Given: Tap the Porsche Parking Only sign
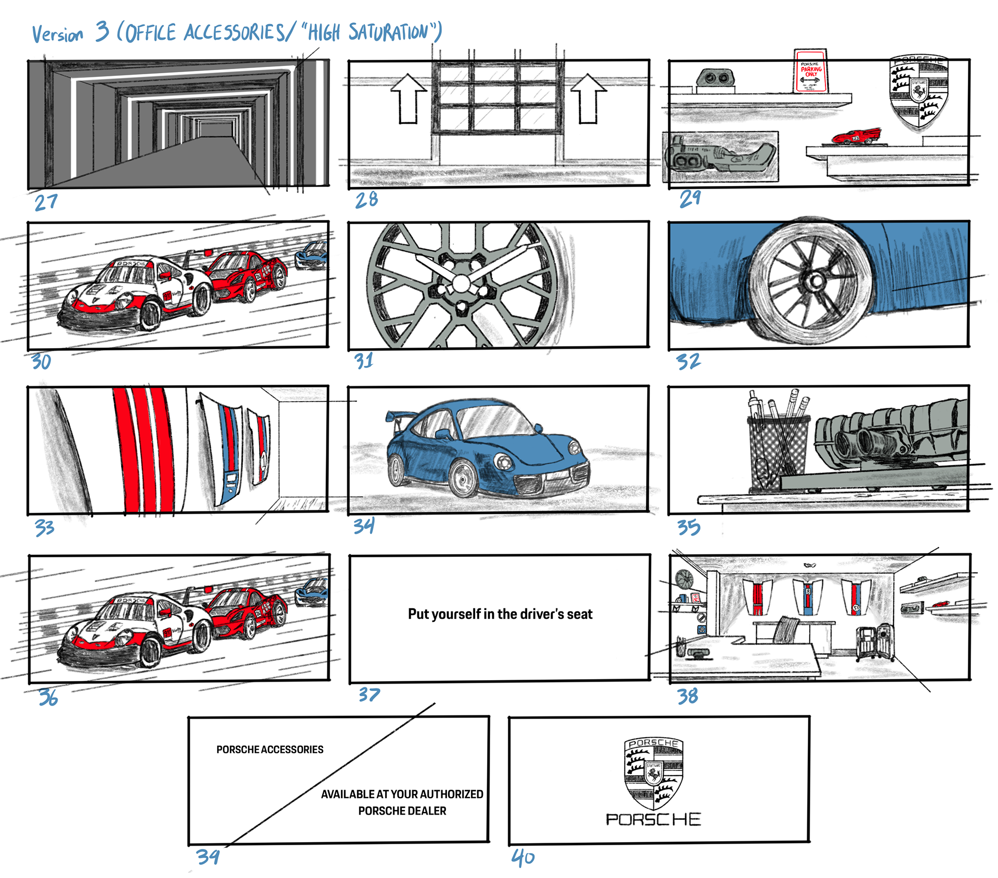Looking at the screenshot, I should pos(811,72).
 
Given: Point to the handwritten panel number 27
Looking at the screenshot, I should pos(46,202).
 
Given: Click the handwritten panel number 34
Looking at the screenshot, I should pos(364,526).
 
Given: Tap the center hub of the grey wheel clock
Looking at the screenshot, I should pos(461,284).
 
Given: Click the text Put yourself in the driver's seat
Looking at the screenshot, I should pos(500,614).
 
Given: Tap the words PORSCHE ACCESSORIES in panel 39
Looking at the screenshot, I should pos(270,749).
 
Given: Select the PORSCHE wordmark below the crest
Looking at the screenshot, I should pos(653,819).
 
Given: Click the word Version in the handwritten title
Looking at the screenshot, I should pos(57,35).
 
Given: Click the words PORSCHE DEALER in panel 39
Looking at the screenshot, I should pos(402,810).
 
